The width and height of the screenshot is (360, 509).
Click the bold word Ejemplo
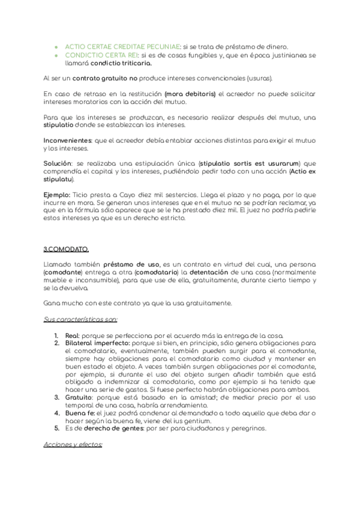56,194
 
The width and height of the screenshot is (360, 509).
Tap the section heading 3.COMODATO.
66,248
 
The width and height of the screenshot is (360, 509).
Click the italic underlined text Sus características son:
80,318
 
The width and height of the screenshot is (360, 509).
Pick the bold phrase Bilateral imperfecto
89,343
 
